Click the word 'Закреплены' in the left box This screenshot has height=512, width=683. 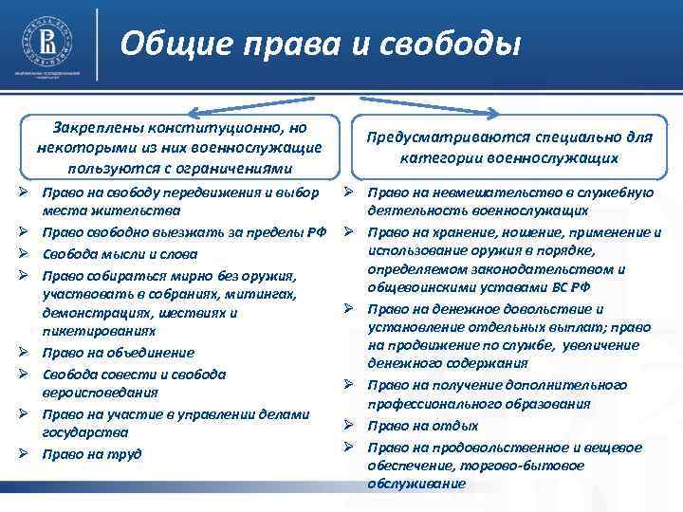(101, 126)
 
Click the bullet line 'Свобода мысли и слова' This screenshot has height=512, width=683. (120, 253)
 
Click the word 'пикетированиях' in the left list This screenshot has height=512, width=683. (92, 332)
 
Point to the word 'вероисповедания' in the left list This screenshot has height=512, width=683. (100, 393)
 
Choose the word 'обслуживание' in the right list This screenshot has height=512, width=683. (416, 484)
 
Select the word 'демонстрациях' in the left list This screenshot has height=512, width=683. (90, 313)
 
